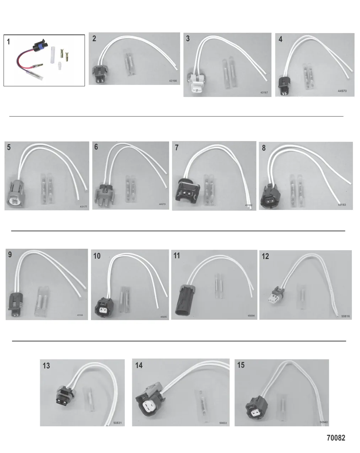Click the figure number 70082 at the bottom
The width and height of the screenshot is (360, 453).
click(x=335, y=438)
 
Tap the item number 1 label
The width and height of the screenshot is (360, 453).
click(x=9, y=42)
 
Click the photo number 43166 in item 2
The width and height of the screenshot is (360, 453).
click(x=173, y=81)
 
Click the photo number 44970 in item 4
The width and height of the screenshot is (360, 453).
click(x=342, y=91)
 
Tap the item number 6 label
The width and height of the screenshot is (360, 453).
click(x=96, y=147)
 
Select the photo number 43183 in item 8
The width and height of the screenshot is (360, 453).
click(x=342, y=205)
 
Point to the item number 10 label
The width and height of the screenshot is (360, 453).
click(x=97, y=256)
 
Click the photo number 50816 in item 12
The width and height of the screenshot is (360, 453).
click(x=345, y=316)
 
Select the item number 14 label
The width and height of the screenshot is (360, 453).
click(x=139, y=365)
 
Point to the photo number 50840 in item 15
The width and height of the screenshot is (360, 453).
click(x=323, y=422)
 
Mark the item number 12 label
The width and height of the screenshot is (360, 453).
click(x=265, y=256)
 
